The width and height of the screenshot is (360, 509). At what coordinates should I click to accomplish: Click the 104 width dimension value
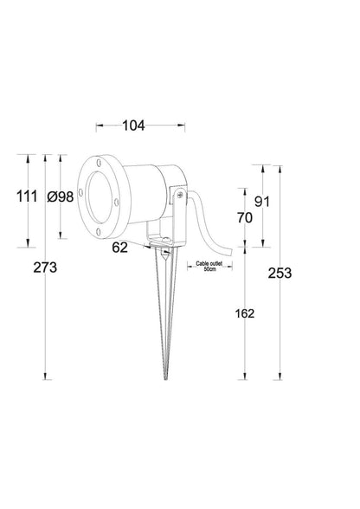tap(133, 126)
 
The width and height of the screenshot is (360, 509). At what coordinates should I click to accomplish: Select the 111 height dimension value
tap(27, 197)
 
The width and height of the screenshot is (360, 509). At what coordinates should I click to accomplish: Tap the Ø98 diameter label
tap(60, 197)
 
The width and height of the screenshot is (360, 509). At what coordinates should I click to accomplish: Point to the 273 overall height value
tap(45, 267)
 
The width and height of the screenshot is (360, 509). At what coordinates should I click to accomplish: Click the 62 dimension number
tap(119, 248)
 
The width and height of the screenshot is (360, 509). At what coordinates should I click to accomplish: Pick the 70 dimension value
tap(244, 217)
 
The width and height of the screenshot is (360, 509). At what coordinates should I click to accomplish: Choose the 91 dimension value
tap(261, 202)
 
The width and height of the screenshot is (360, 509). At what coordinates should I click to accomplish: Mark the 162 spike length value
tap(245, 313)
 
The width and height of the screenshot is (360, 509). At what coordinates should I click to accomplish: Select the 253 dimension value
tap(280, 274)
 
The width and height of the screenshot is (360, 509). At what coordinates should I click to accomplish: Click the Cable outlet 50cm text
tap(209, 267)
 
